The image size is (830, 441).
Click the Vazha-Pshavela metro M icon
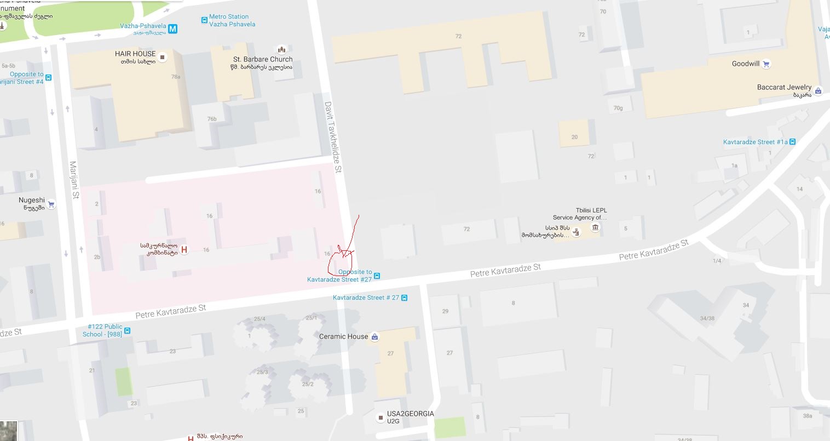click(173, 28)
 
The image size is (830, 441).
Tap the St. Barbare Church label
click(263, 59)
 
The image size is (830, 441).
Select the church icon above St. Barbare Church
click(282, 50)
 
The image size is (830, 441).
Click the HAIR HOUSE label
click(135, 54)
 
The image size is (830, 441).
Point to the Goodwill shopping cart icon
click(766, 64)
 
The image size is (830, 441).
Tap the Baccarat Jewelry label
click(784, 87)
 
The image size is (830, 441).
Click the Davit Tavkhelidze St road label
click(333, 137)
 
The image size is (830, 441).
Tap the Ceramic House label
click(343, 336)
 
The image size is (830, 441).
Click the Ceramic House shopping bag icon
click(374, 337)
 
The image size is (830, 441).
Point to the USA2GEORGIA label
click(410, 414)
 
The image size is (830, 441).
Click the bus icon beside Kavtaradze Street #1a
click(792, 142)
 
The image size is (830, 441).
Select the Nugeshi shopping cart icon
click(51, 204)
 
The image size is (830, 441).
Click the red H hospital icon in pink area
click(185, 250)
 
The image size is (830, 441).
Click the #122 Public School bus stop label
click(102, 330)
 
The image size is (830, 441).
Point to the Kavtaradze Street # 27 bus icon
click(404, 298)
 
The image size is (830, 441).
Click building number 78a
click(175, 77)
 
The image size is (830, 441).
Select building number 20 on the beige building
click(574, 137)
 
